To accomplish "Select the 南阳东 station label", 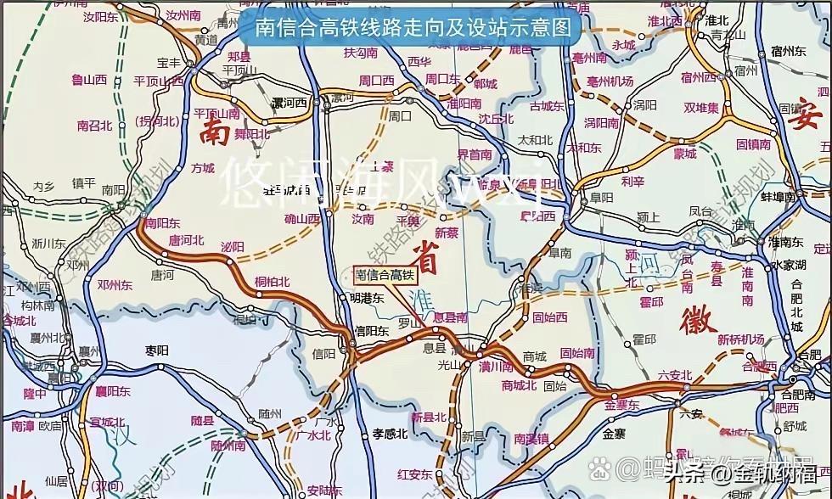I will point(163,223).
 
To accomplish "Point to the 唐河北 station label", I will point(188,240).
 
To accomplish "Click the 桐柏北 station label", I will point(272,282).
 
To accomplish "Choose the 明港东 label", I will point(368,299).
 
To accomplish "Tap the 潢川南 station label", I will point(495,367).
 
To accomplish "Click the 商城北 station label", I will point(520,384).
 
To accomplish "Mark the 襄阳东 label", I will point(112,391).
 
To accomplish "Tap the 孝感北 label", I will point(391,434).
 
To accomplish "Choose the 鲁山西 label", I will point(88,81).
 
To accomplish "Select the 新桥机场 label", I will point(741,339).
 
